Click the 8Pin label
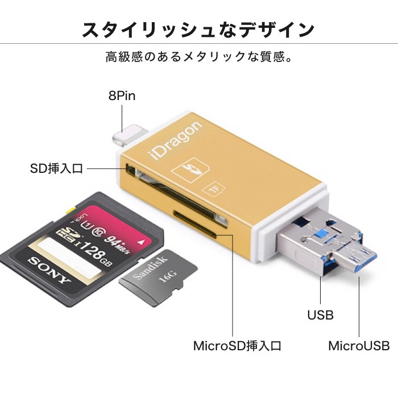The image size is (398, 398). (x=122, y=96)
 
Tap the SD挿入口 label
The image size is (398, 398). (x=57, y=169)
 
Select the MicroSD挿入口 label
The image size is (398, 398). (x=237, y=346)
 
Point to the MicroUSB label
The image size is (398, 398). (x=359, y=346)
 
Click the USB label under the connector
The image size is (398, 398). (x=320, y=314)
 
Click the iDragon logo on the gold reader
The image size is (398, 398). (x=177, y=142)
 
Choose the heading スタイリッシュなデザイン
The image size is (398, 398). (x=198, y=29)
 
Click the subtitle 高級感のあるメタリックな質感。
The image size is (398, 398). (x=198, y=57)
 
